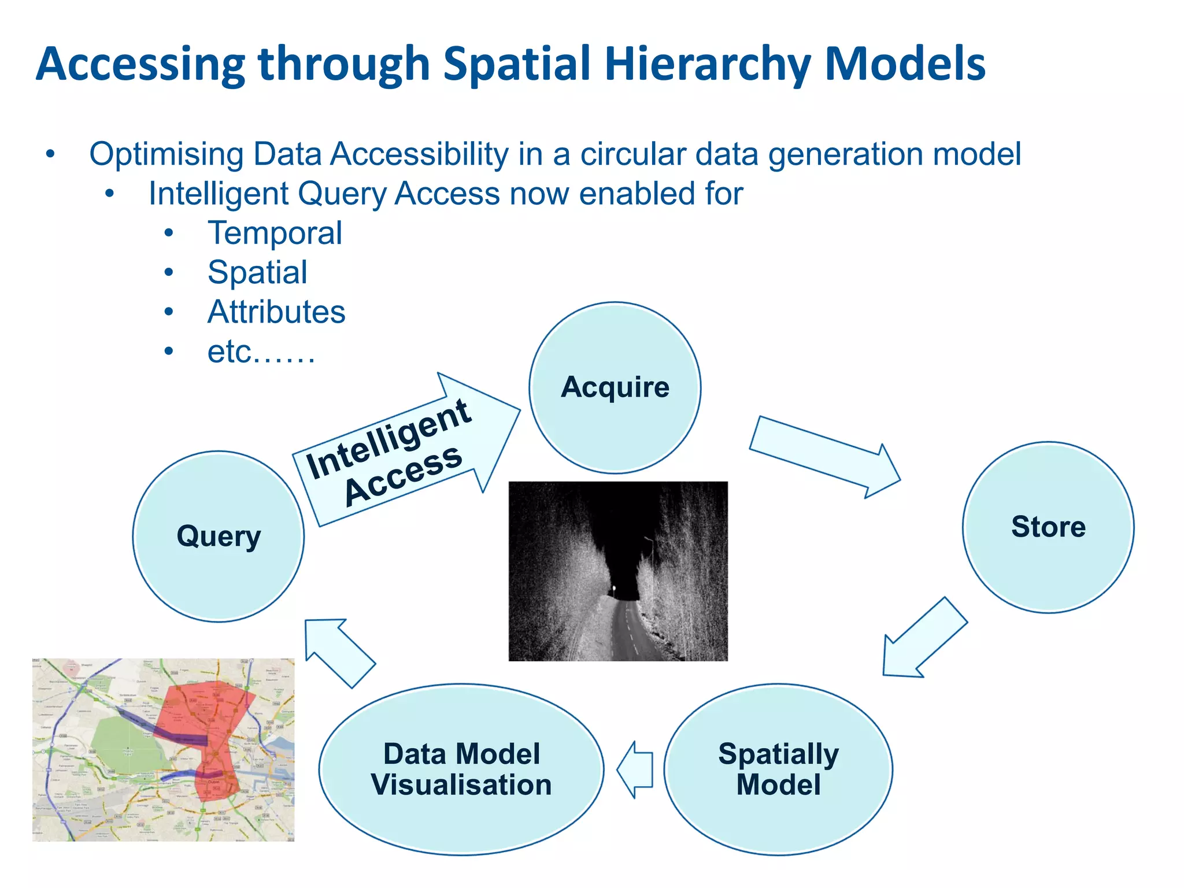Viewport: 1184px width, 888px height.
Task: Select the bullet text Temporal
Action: point(275,233)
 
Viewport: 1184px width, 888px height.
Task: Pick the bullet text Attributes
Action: point(276,312)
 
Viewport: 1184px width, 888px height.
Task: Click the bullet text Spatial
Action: point(257,272)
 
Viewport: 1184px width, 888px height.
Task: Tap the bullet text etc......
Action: point(260,351)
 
